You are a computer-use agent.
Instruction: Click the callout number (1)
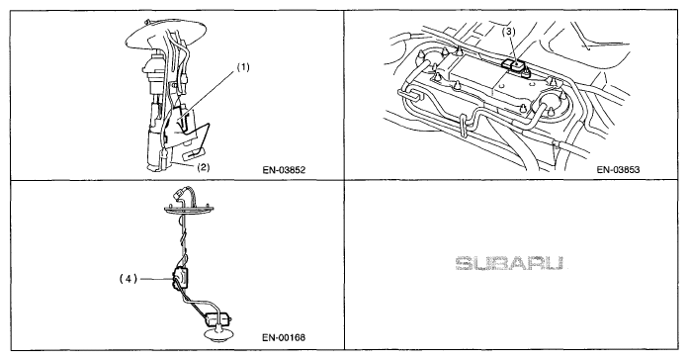click(x=243, y=67)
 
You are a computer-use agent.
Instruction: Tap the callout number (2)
click(x=203, y=167)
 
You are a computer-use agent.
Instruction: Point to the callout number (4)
click(x=129, y=278)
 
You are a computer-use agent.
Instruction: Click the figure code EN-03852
click(x=284, y=170)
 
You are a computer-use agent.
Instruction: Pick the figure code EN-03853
click(x=618, y=170)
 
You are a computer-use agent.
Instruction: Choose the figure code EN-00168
click(x=284, y=337)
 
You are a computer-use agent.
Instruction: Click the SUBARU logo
click(x=509, y=263)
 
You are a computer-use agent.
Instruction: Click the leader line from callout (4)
click(x=156, y=278)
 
